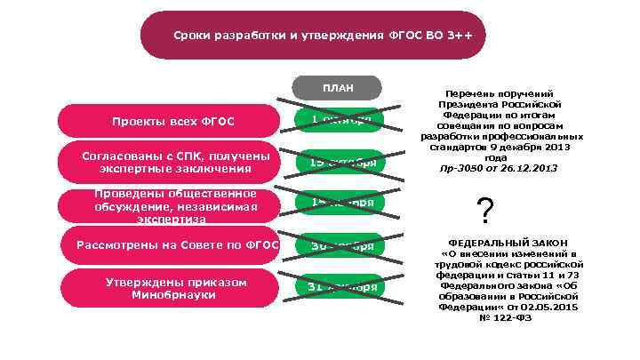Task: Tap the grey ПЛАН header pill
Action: coord(338,87)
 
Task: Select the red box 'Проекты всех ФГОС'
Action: coord(169,121)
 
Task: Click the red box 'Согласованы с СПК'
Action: coord(169,162)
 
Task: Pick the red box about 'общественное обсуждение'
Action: coord(169,206)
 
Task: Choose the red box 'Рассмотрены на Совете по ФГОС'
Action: coord(169,245)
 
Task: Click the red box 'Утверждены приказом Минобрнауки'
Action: coord(169,288)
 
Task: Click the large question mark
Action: coord(485,212)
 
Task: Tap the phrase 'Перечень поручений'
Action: coord(503,93)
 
